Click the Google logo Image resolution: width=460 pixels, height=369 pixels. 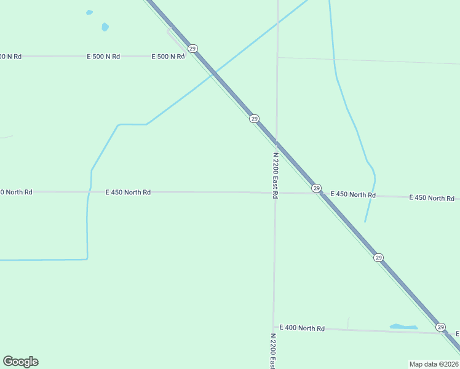tap(20, 362)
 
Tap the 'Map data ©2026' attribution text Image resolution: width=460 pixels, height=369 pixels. tap(434, 363)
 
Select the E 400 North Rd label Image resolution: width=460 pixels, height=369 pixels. tap(302, 328)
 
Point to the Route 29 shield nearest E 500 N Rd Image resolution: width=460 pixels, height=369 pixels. tap(193, 48)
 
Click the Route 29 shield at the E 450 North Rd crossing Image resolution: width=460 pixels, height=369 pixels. tap(316, 188)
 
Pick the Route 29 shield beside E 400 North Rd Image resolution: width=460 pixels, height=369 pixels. tap(440, 327)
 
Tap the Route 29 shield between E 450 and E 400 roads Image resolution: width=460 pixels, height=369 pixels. tap(379, 258)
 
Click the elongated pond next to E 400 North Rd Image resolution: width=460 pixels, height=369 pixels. tap(403, 327)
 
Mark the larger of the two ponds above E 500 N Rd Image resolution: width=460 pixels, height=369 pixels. tap(105, 26)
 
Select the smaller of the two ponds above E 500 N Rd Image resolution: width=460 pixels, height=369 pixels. tap(90, 12)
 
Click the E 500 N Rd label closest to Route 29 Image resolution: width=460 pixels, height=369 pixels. tap(169, 57)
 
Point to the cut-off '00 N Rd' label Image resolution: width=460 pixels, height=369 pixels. tap(10, 57)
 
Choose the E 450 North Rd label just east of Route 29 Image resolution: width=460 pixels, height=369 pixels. tap(353, 194)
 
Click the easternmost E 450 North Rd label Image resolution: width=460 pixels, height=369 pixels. tap(432, 198)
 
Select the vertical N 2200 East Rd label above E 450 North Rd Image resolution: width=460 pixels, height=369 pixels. tap(276, 175)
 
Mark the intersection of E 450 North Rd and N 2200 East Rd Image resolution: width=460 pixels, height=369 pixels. tap(275, 192)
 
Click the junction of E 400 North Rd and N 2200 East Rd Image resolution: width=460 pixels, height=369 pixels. tap(273, 328)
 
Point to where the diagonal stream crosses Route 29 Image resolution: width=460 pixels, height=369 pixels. tap(215, 73)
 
